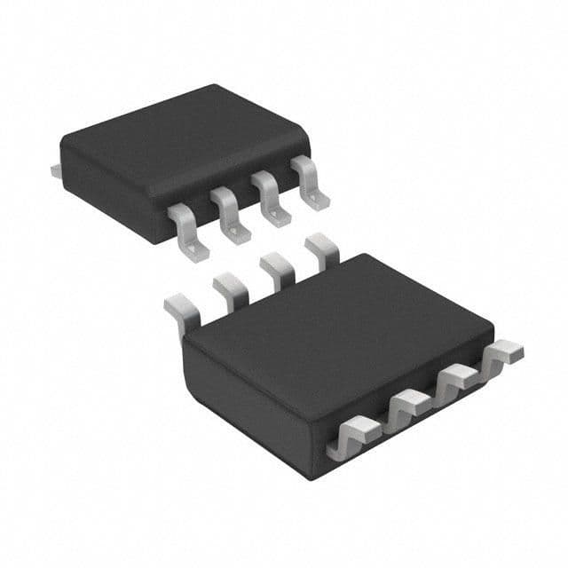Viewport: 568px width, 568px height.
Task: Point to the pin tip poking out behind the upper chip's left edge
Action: click(x=55, y=169)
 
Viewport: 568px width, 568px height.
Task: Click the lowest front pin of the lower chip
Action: click(x=352, y=437)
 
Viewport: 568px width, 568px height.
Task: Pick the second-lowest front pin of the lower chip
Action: click(x=406, y=406)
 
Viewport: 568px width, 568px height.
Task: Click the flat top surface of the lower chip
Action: click(x=337, y=328)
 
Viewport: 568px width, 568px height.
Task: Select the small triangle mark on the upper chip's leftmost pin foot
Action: click(x=189, y=251)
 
